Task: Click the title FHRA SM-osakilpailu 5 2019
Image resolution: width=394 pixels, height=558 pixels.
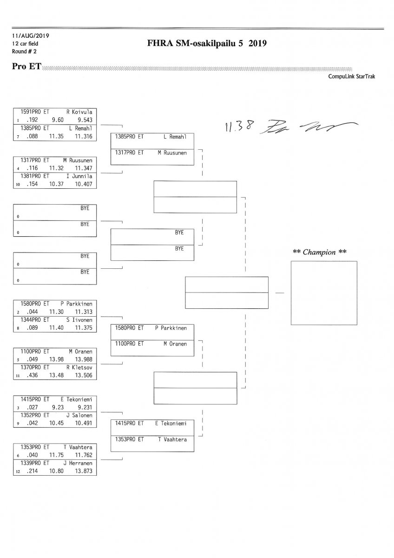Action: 206,44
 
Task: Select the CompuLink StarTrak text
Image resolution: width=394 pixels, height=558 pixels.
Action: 351,76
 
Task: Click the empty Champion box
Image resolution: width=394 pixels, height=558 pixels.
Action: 323,293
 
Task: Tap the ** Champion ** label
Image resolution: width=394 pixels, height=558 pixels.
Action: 320,252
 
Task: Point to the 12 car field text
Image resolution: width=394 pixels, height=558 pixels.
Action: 26,43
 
